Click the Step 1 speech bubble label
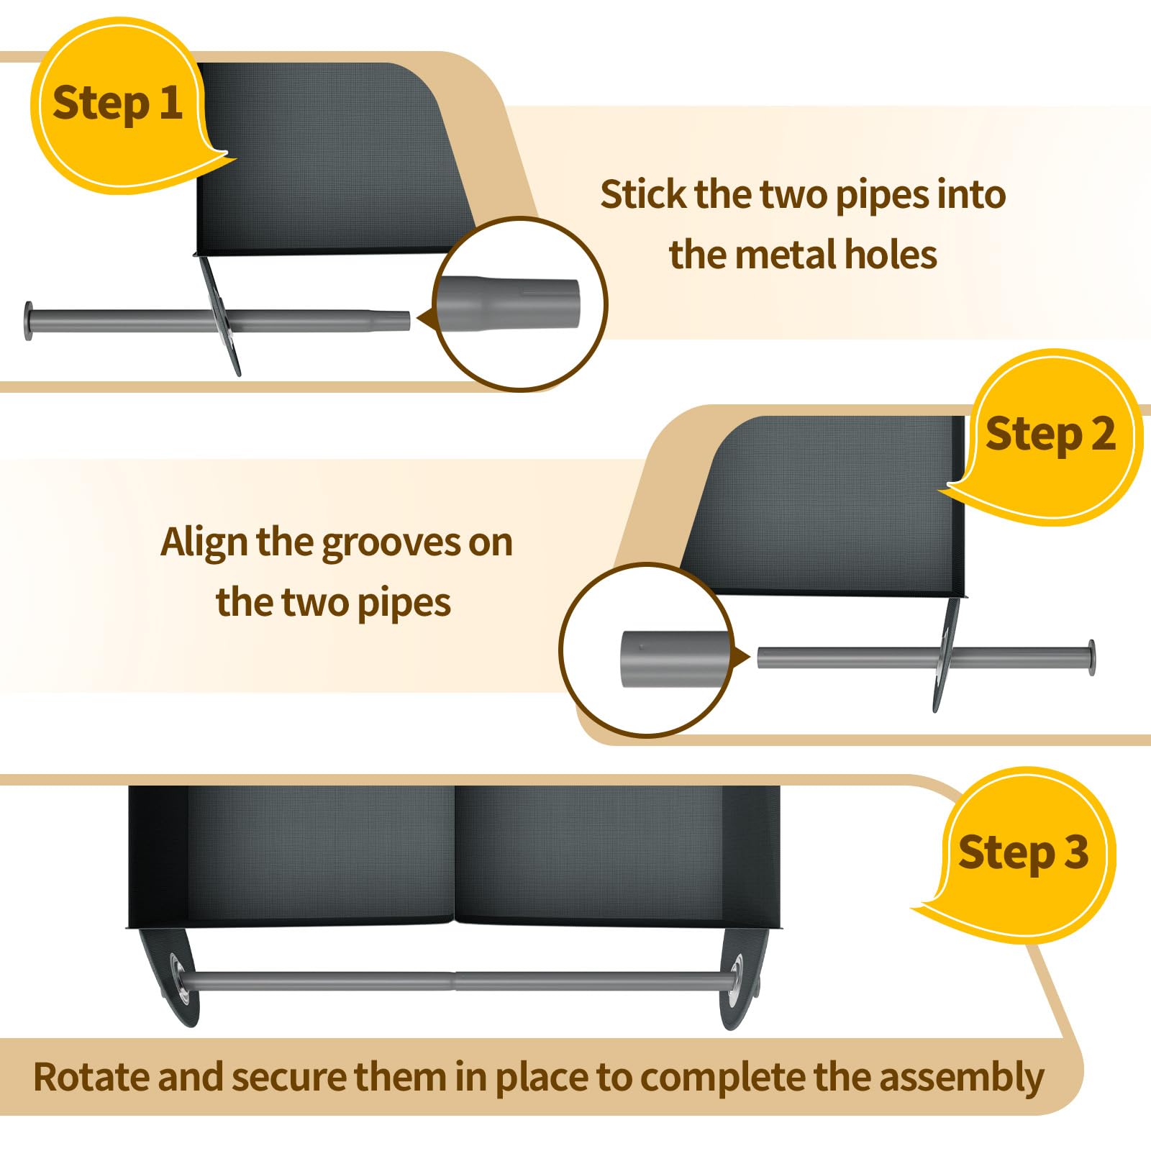[117, 103]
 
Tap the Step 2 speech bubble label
[1050, 435]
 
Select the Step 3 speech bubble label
[1023, 852]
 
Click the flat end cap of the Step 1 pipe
[29, 321]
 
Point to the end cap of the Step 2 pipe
[1091, 657]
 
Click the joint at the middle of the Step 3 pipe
[455, 981]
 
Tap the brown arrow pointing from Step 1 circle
[426, 318]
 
